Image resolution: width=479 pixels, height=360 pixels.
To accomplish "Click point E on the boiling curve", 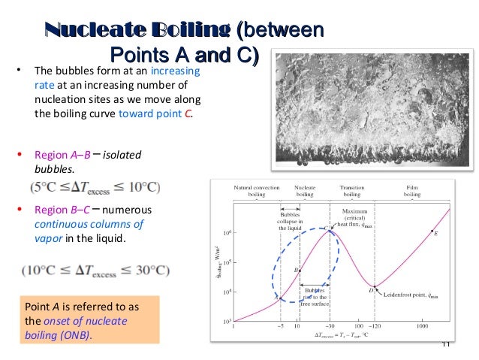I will (x=432, y=231).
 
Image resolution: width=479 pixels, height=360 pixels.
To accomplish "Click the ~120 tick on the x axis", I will (x=375, y=327).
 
